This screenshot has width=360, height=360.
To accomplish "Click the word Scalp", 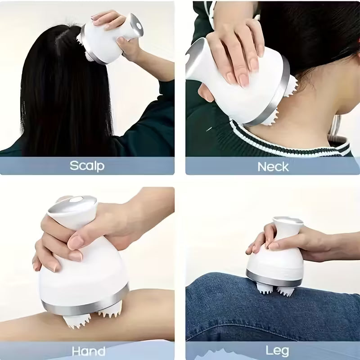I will click(87, 166).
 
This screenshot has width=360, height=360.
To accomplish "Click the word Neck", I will click(273, 166).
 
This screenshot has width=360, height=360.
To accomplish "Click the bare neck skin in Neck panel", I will click(315, 112).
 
